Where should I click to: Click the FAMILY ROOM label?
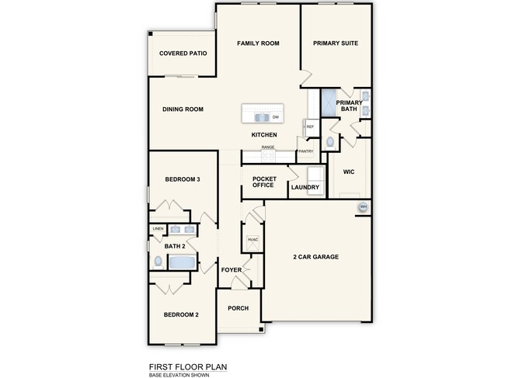point(258,43)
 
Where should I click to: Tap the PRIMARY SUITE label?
point(336,43)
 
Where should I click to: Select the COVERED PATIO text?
point(182,54)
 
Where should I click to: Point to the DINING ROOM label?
point(183,109)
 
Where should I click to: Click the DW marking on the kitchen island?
point(276,117)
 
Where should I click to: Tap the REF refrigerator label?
point(309,127)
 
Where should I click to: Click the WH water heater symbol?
point(363,206)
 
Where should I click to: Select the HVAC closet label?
point(252,240)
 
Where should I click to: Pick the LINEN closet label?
point(158,229)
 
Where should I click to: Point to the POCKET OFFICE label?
point(263,182)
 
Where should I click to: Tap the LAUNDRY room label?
point(305,187)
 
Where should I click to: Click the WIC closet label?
point(348,172)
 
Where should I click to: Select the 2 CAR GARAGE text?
point(315,257)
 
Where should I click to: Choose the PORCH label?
point(238,308)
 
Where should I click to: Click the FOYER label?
point(232,270)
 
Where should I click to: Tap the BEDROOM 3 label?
point(183,179)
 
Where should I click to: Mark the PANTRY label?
point(305,151)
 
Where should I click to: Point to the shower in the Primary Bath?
point(329,102)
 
